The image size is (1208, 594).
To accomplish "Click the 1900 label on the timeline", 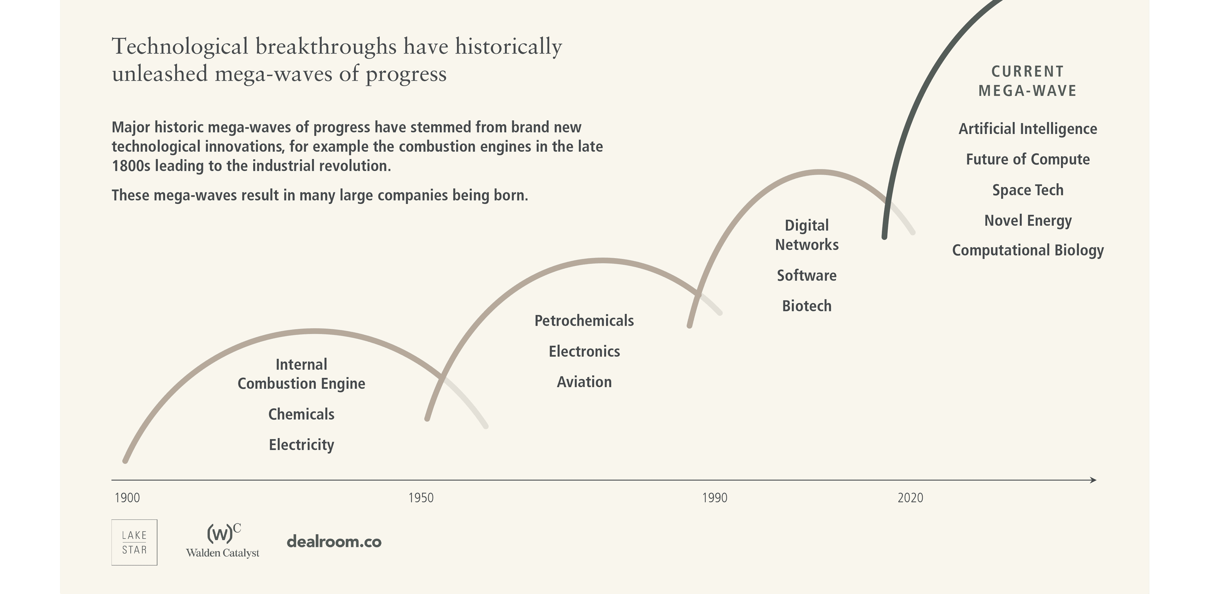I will coord(127,498).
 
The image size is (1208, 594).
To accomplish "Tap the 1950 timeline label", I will coord(421,498).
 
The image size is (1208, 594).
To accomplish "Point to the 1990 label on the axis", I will coord(714,498).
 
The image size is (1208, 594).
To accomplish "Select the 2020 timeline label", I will coord(910,498).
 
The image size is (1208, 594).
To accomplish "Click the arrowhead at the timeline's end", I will coord(1093,480).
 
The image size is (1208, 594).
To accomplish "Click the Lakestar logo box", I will coord(134,542).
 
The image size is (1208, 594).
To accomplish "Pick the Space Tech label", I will coord(1027,190).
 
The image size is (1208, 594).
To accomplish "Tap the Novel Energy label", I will coord(1027,221).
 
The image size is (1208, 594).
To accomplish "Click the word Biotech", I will coord(807,306).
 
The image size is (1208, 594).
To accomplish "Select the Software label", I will coord(807,275).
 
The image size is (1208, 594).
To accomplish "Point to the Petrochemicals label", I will coord(584,321).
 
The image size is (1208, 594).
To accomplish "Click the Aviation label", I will coord(584,382).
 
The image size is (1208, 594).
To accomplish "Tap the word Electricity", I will coord(301,445).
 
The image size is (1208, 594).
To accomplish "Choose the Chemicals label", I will coord(301,414).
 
